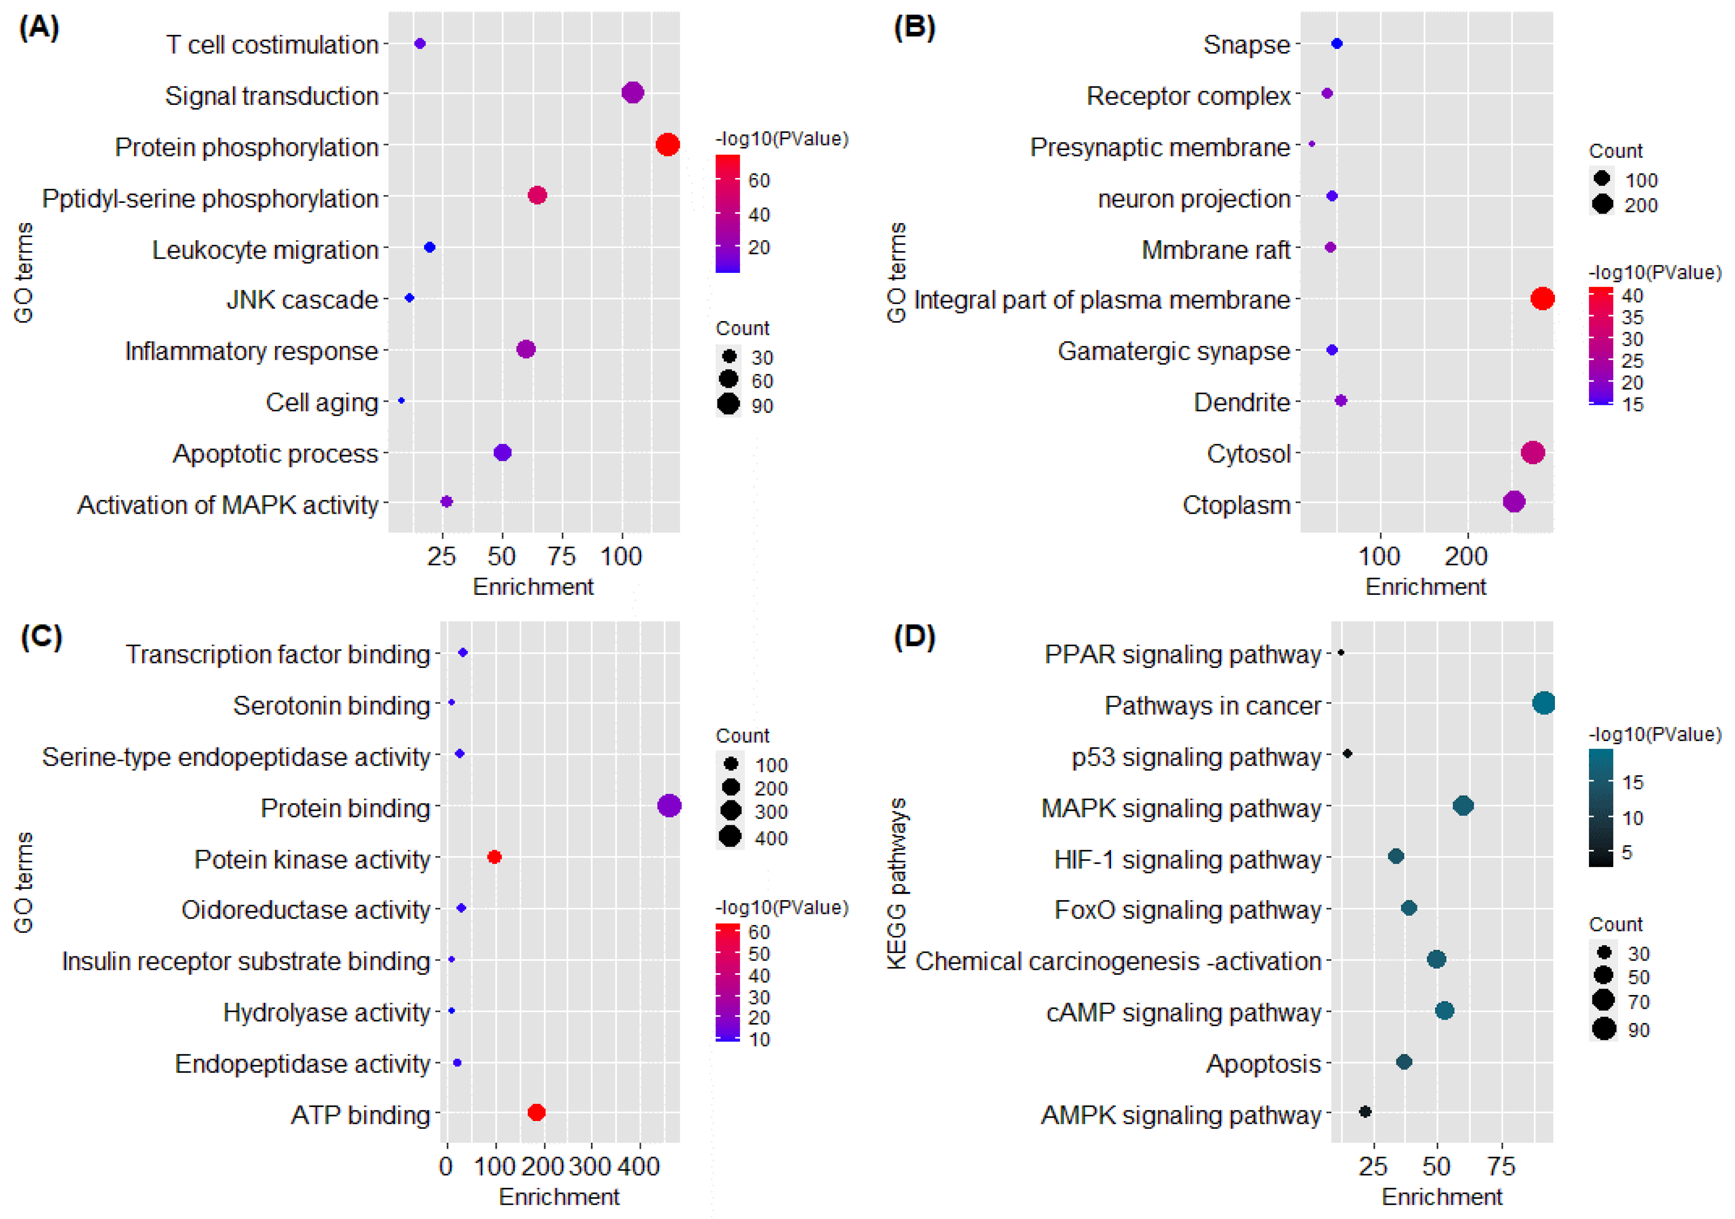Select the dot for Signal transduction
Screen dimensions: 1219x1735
pyautogui.click(x=633, y=93)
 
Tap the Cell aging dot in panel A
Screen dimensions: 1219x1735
pyautogui.click(x=401, y=401)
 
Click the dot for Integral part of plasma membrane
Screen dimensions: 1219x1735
pyautogui.click(x=1542, y=298)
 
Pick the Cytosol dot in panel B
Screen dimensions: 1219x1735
pyautogui.click(x=1533, y=453)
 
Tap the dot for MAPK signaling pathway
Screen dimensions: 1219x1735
pyautogui.click(x=1463, y=806)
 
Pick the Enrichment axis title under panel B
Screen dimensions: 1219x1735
pyautogui.click(x=1425, y=587)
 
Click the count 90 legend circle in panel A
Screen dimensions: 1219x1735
pyautogui.click(x=728, y=404)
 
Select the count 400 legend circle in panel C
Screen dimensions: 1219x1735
pyautogui.click(x=730, y=836)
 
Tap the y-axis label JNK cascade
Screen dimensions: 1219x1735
pyautogui.click(x=302, y=300)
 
